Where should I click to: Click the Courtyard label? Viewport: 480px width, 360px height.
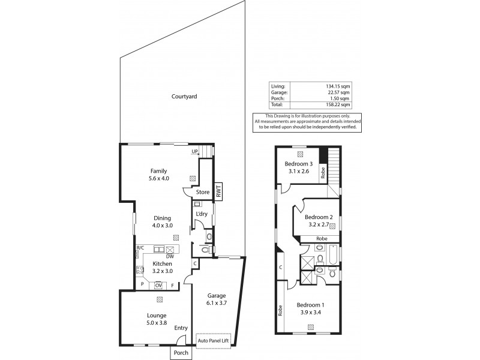[184, 96]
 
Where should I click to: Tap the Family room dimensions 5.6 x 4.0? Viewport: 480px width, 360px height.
[159, 178]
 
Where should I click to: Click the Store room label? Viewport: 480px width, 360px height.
[203, 193]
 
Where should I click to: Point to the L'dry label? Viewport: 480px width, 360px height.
[201, 215]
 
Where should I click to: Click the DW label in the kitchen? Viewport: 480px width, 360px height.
[170, 256]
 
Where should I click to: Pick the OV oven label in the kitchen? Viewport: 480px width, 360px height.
[158, 285]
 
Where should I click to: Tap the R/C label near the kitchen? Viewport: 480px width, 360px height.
[140, 248]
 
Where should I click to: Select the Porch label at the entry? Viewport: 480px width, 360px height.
[181, 353]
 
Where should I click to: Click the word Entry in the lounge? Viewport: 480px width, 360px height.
[181, 328]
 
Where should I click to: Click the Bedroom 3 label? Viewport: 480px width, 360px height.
[298, 164]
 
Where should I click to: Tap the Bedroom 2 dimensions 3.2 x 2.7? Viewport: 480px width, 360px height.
[318, 225]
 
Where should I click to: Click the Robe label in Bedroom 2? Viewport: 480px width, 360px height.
[322, 239]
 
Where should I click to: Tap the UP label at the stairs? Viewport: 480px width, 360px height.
[194, 151]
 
